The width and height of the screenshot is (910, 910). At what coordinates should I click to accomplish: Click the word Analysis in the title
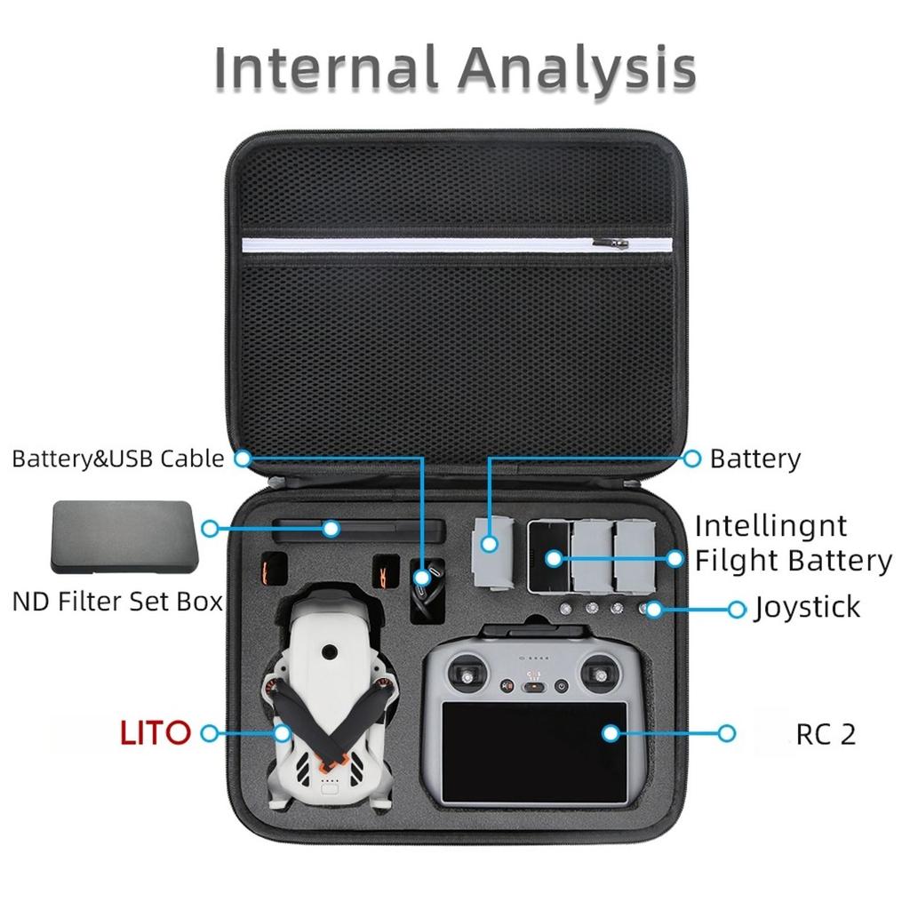(578, 69)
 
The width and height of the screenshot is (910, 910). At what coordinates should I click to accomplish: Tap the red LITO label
(155, 733)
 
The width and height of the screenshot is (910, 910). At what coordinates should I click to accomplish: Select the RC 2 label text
(826, 735)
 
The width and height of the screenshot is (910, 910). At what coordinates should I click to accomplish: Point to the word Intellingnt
(770, 527)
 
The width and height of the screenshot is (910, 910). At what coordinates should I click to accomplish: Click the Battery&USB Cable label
(118, 459)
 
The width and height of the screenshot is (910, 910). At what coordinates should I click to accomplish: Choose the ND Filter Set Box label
(117, 602)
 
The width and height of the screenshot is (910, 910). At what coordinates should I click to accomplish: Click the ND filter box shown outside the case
(124, 537)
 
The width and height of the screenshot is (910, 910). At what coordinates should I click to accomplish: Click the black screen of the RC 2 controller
(534, 752)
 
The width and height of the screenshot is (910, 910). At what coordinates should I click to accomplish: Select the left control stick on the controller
(467, 675)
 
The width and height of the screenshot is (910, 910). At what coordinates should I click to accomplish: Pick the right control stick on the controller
(602, 675)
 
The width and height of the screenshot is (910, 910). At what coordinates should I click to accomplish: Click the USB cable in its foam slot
(427, 589)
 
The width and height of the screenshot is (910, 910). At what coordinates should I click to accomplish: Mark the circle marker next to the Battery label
(691, 459)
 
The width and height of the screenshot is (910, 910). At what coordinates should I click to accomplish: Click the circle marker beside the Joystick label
(737, 610)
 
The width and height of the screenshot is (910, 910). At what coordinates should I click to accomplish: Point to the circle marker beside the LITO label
(210, 733)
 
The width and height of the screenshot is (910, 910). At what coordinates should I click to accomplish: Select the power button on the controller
(561, 686)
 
